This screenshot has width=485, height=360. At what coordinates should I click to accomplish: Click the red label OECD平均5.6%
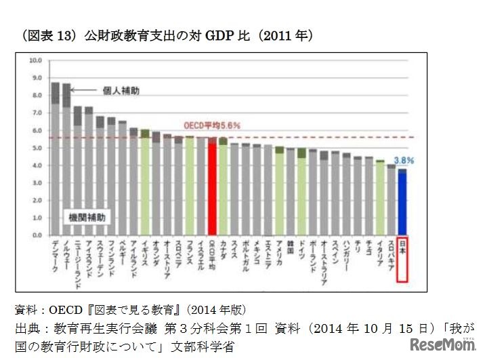pos(212,125)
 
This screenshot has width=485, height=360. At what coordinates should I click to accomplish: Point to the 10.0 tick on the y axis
pos(36,60)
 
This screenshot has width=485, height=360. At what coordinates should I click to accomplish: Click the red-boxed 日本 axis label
pos(402,260)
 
